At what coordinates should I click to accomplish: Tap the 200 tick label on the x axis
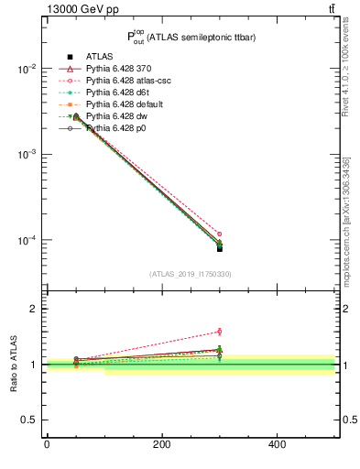[x=161, y=444]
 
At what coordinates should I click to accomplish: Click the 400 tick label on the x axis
[x=277, y=444]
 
